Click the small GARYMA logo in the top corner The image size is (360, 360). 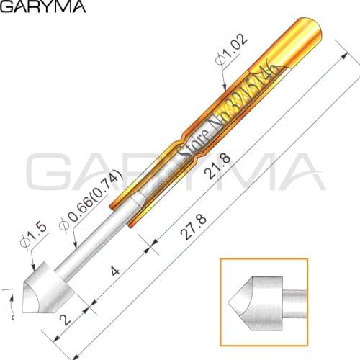[43, 9]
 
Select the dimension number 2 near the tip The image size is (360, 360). [67, 318]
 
